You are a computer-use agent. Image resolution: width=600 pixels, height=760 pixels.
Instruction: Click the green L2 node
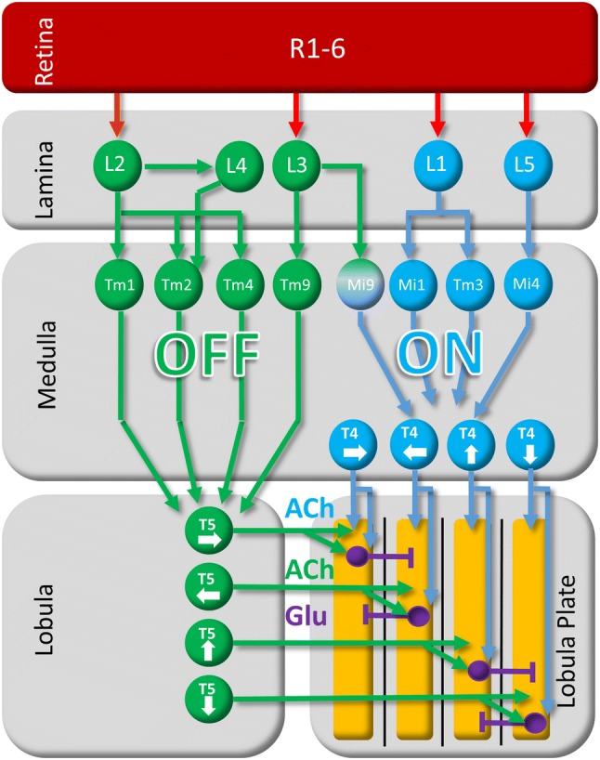click(115, 165)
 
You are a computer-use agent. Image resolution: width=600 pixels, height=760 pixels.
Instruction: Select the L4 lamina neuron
click(238, 168)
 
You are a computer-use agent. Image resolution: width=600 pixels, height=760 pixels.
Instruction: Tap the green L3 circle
click(296, 165)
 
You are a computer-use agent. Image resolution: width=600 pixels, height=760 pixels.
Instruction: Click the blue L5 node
click(527, 165)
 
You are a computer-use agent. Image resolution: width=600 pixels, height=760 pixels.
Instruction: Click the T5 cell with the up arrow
click(207, 641)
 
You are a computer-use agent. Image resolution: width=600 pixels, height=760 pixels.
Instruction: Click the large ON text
click(440, 353)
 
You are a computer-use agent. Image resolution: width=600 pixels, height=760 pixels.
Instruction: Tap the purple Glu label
click(306, 615)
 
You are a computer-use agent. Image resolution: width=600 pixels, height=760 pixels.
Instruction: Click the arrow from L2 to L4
click(176, 167)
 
